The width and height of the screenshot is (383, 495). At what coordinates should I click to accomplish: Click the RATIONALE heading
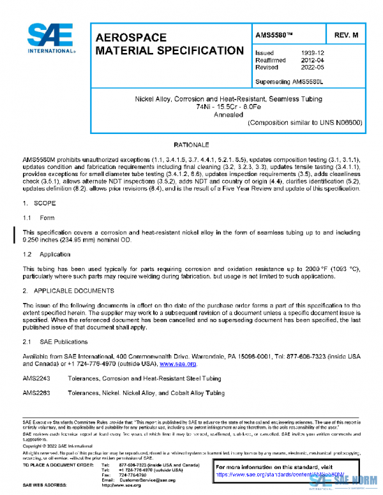(x=191, y=145)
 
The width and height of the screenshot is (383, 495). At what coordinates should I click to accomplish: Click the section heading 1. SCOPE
(x=41, y=203)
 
